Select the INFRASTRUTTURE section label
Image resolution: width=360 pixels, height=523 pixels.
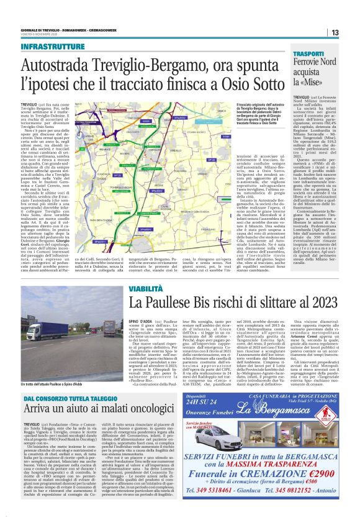pos(56,47)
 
